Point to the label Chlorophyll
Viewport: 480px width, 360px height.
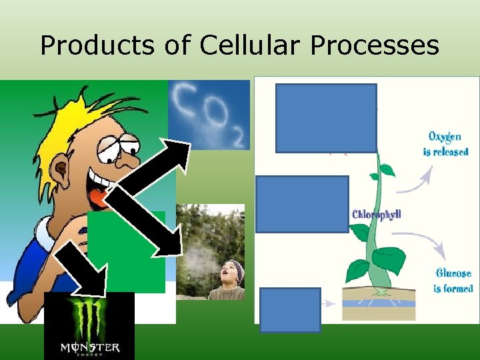[x=376, y=215]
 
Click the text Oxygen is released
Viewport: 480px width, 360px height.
[x=445, y=144]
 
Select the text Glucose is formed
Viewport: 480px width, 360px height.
[x=453, y=281]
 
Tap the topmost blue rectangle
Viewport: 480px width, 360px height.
[x=326, y=118]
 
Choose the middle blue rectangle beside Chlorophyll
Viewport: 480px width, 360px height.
[x=303, y=204]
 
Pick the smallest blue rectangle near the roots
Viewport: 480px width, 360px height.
[x=290, y=309]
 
